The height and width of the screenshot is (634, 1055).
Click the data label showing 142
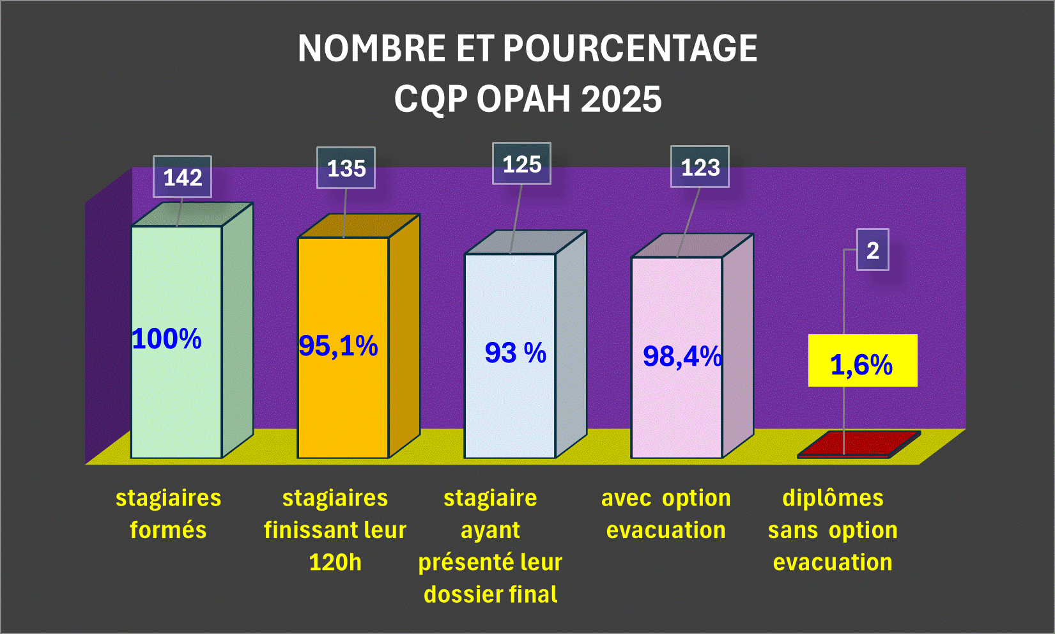(182, 177)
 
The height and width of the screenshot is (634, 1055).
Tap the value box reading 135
(346, 168)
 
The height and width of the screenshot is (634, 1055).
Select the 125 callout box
(521, 164)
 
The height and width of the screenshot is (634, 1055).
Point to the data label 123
(700, 167)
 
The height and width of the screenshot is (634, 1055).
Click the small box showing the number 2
(872, 250)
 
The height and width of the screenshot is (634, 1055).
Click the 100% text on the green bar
(167, 339)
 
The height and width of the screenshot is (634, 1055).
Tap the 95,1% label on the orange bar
(338, 346)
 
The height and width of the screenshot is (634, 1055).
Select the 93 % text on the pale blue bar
(515, 353)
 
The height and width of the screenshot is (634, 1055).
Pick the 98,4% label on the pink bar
(682, 356)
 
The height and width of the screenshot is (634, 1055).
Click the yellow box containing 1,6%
(862, 361)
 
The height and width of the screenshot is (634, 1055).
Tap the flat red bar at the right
(859, 444)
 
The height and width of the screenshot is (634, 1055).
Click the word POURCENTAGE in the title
(630, 49)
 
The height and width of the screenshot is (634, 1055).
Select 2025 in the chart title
(621, 99)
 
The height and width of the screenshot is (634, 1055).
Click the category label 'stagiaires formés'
(168, 514)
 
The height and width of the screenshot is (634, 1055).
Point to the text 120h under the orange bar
(335, 562)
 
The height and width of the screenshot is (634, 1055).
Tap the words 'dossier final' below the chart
(490, 594)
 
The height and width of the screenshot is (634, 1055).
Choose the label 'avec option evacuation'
(666, 514)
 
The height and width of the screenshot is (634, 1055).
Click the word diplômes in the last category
(833, 498)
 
